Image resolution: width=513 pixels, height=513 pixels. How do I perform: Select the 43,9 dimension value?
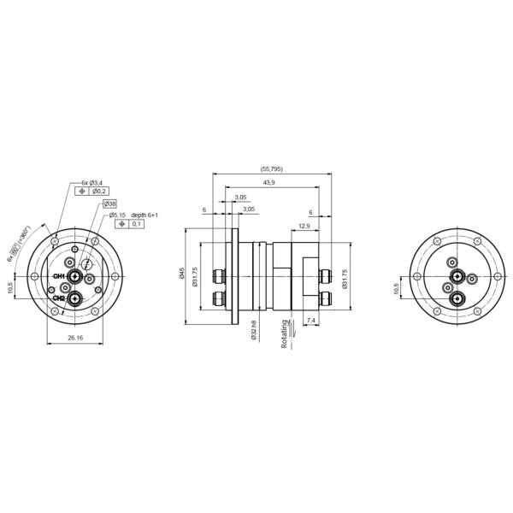pos(268,184)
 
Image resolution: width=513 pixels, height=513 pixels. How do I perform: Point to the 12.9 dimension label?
pos(304,226)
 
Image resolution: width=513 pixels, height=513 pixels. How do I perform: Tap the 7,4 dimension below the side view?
pos(310,319)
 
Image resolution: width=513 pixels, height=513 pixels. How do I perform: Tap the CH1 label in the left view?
pos(59,277)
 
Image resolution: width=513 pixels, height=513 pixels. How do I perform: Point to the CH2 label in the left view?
pos(59,298)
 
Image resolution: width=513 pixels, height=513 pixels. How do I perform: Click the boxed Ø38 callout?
pos(109,203)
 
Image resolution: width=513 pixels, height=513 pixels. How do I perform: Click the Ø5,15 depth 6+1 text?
pos(128,215)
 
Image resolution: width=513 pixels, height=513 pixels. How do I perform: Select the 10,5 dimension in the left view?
pos(10,287)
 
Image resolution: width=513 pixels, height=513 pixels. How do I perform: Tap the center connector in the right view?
pos(458,277)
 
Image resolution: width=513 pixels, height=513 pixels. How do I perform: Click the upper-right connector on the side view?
pos(327,275)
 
